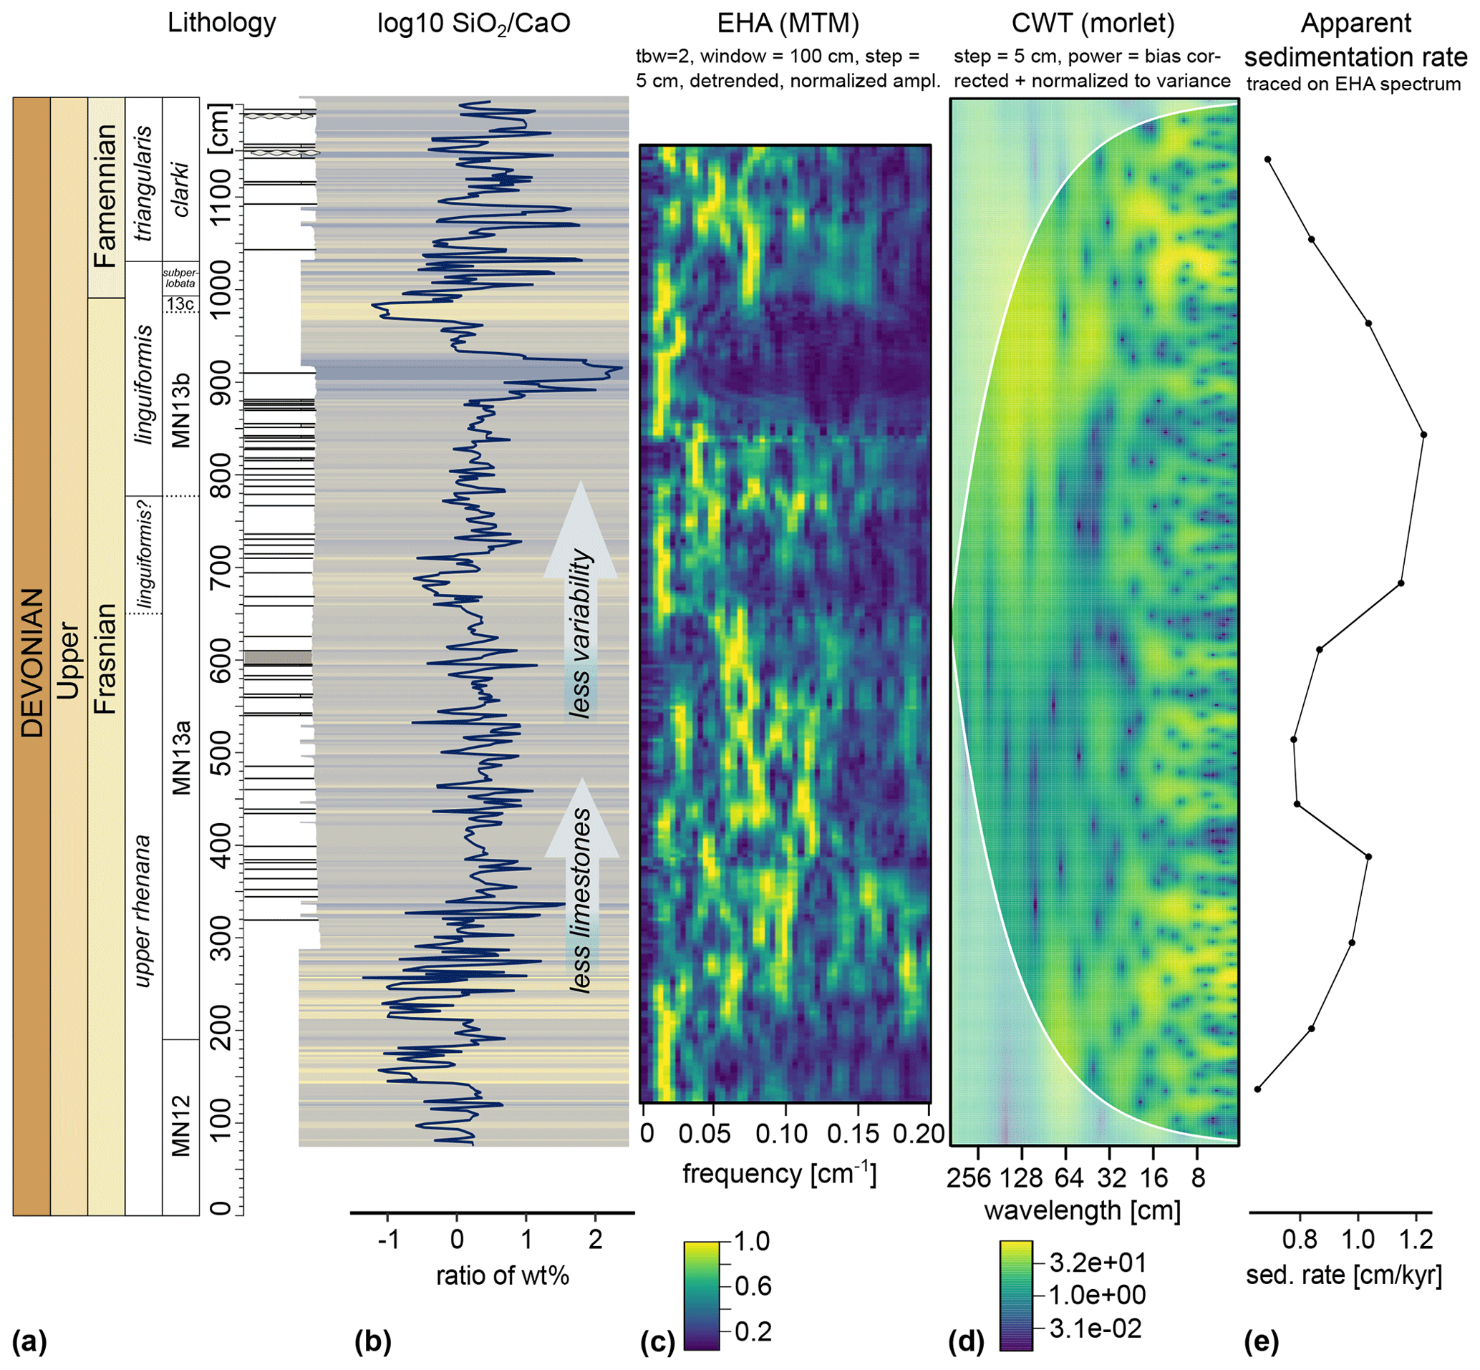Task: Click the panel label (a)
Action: pyautogui.click(x=29, y=1342)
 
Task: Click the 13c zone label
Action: pyautogui.click(x=180, y=304)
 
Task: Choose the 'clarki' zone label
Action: pyautogui.click(x=180, y=189)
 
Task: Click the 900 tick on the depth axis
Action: pyautogui.click(x=221, y=382)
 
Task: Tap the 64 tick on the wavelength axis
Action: pyautogui.click(x=1067, y=1177)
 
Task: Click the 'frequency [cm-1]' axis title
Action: pyautogui.click(x=779, y=1175)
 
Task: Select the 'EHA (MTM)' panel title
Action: pyautogui.click(x=788, y=24)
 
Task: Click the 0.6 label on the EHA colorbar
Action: pyautogui.click(x=753, y=1286)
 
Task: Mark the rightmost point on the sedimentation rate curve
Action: pyautogui.click(x=1423, y=434)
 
